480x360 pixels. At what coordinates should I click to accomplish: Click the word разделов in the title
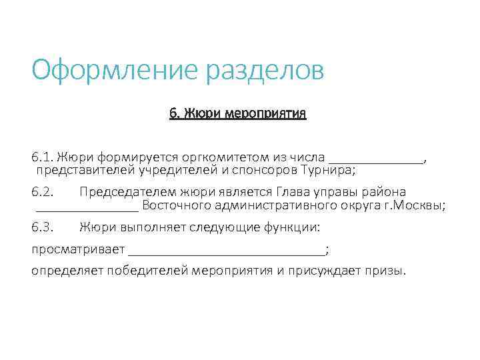click(x=265, y=70)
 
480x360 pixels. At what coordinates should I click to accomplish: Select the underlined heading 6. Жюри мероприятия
click(x=237, y=113)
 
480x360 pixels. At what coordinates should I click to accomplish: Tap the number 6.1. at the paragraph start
click(x=42, y=157)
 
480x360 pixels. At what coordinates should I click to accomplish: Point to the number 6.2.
click(x=42, y=192)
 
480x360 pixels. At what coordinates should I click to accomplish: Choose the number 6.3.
click(x=42, y=227)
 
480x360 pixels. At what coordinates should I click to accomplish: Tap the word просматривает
click(x=78, y=249)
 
